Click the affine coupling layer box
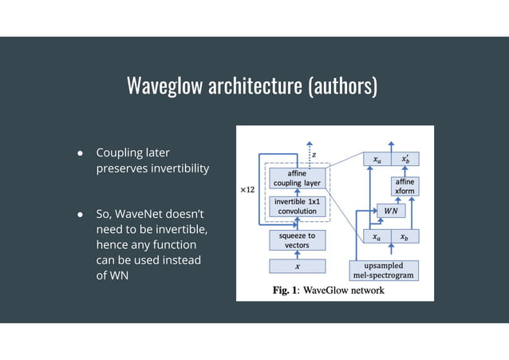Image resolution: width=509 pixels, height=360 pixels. pos(297,178)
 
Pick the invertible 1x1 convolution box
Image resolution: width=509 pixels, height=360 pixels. pos(297,207)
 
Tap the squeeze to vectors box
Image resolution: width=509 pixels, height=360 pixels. pos(297,239)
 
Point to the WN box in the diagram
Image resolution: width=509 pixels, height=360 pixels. pos(390,211)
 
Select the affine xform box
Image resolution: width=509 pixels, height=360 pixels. pos(402,186)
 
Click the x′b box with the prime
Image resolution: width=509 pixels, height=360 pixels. pos(405,159)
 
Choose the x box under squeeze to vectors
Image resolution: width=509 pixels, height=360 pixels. pos(297,266)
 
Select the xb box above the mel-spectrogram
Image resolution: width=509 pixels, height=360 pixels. pos(404,236)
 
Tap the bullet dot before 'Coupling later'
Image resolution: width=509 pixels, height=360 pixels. pos(81,152)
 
